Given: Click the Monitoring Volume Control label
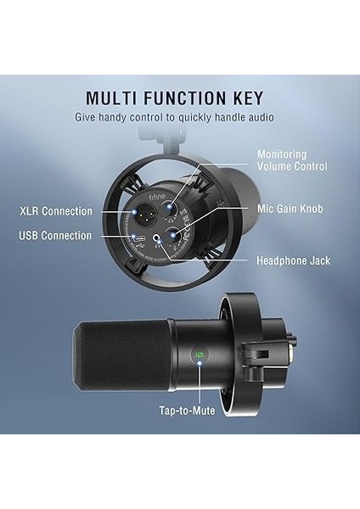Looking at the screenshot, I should coord(292,161).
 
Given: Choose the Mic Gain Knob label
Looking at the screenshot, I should coord(290,209).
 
